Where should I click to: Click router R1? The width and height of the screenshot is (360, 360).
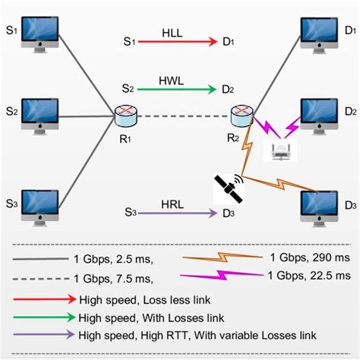(125, 116)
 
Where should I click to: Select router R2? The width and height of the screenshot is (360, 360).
(242, 115)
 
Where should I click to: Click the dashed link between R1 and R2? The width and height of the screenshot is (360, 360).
(183, 116)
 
